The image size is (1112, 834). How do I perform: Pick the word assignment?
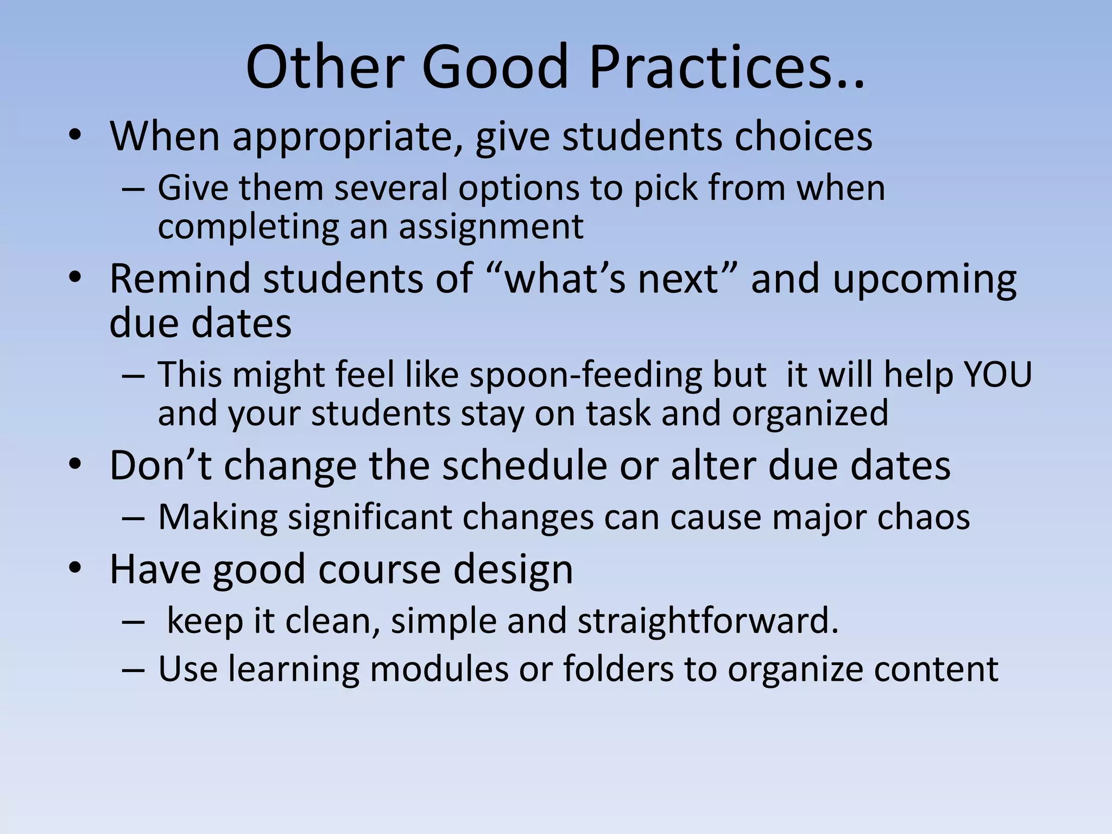point(491,227)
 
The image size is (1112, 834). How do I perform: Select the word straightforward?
point(708,620)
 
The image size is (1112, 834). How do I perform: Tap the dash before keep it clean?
point(134,621)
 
